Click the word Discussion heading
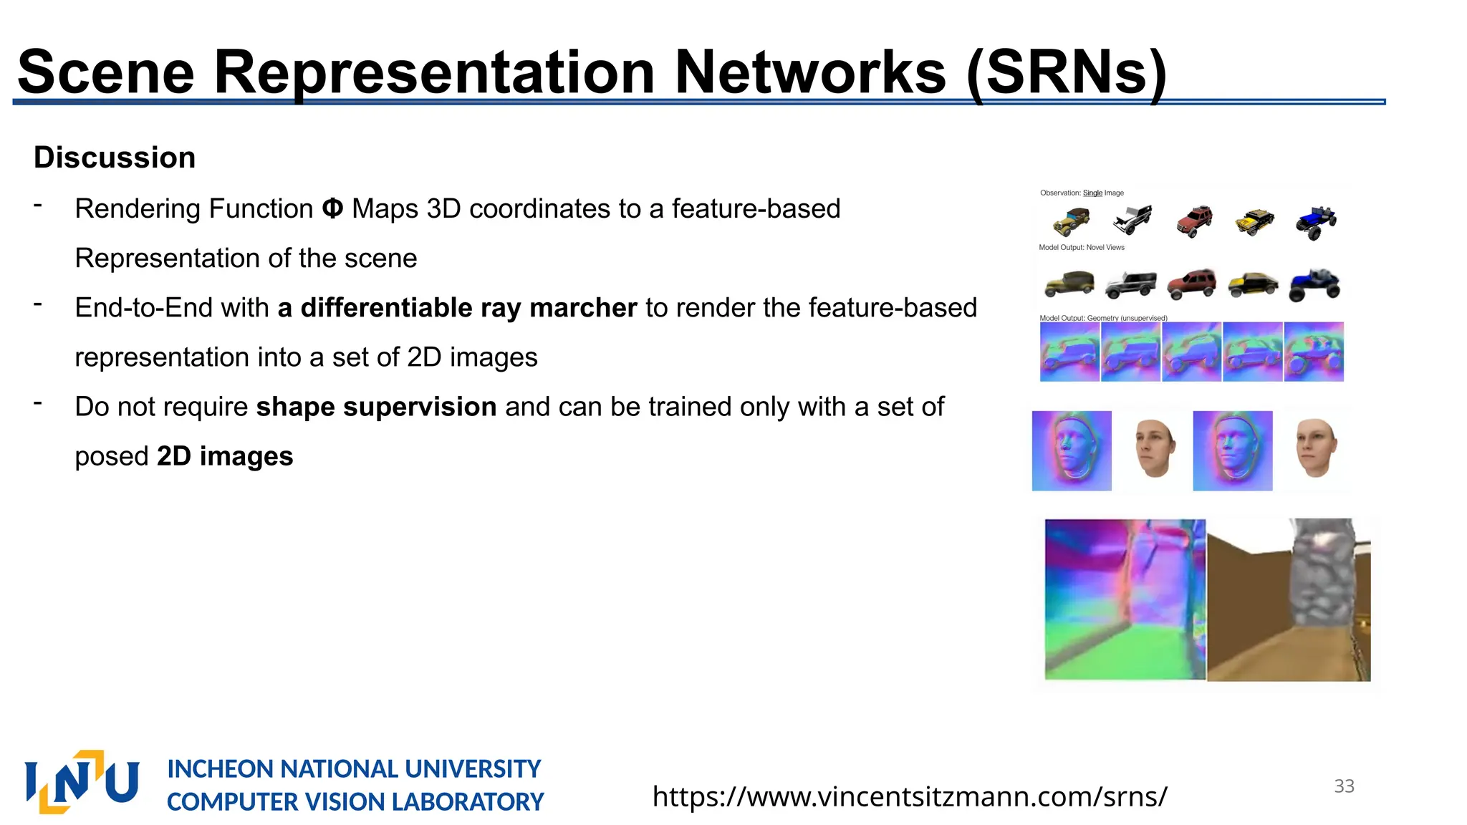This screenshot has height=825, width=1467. tap(115, 158)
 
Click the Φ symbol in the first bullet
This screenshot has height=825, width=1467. tap(332, 209)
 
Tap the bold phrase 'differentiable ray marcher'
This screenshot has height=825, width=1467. tap(468, 308)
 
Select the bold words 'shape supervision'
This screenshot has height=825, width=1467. tap(376, 407)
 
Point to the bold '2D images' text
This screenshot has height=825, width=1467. tap(225, 456)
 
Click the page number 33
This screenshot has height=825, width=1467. tap(1344, 786)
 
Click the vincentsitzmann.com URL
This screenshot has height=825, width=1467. tap(910, 796)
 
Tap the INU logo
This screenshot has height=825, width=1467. tap(82, 782)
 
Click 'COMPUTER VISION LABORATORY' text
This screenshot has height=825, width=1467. tap(355, 802)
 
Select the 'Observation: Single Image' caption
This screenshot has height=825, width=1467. tap(1082, 193)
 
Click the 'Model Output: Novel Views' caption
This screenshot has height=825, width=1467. tap(1082, 248)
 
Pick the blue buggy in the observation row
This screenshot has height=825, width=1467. tap(1316, 222)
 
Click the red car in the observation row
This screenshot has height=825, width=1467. tap(1194, 221)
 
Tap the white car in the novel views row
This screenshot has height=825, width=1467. tap(1130, 284)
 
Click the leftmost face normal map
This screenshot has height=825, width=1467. tap(1072, 450)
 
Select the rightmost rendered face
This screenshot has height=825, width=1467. tap(1316, 448)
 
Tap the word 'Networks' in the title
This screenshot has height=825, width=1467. tap(810, 72)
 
